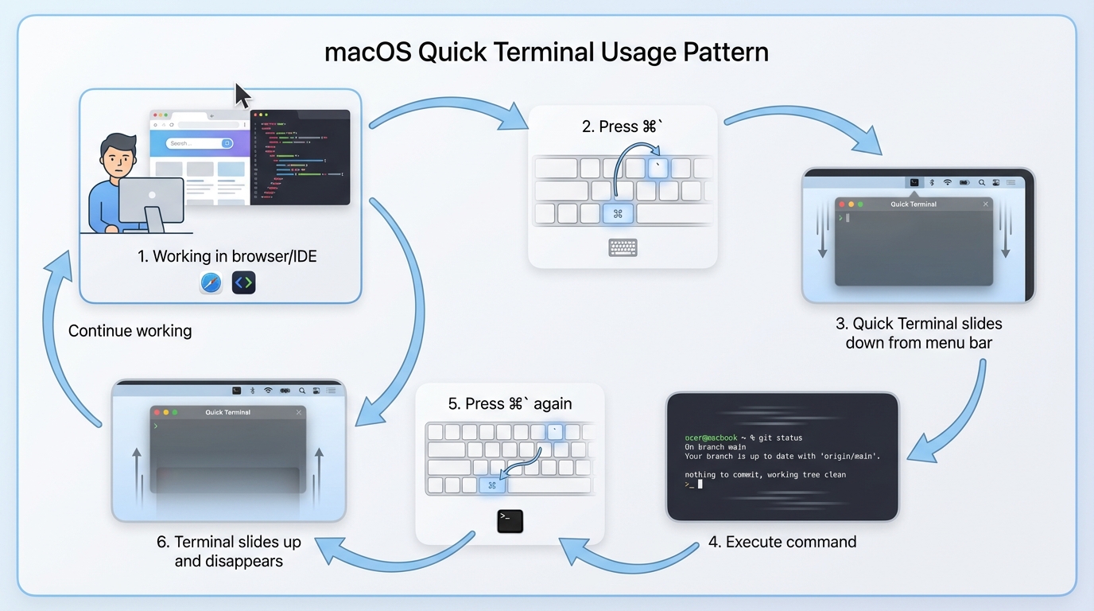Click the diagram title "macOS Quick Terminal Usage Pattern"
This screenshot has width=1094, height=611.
546,53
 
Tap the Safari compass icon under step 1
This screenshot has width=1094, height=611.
211,282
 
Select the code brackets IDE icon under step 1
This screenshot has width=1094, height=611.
243,282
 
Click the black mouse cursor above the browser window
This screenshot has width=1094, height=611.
242,95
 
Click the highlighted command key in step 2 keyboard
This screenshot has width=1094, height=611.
618,213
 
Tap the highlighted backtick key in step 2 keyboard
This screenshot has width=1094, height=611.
658,168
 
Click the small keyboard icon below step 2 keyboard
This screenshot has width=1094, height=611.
623,247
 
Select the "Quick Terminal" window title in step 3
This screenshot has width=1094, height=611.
914,204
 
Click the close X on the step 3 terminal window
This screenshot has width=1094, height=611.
986,204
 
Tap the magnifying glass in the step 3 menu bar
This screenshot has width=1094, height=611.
982,183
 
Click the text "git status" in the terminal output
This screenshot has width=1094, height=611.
780,438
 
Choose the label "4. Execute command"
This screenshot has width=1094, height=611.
782,542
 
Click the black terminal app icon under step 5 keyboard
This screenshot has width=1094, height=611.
510,520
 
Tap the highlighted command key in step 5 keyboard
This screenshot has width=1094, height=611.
492,485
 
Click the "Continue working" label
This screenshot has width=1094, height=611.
130,331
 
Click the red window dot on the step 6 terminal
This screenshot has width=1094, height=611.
157,412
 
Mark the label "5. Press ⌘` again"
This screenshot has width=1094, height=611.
510,404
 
